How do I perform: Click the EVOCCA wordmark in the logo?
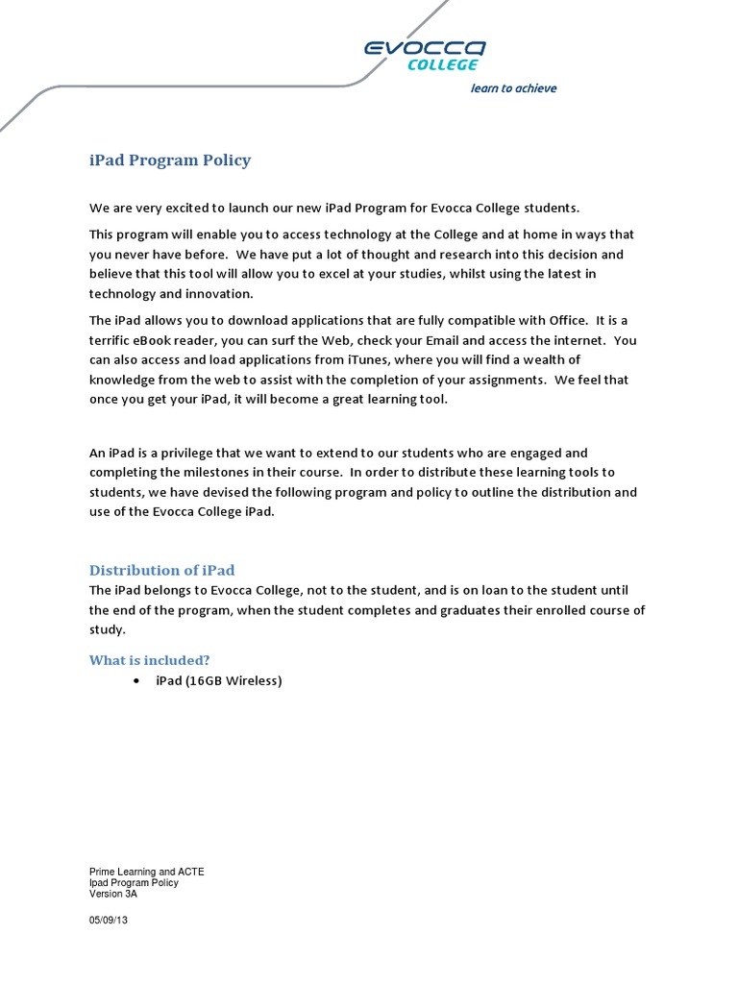tap(424, 47)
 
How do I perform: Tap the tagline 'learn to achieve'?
tap(513, 88)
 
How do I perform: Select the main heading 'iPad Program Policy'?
tap(170, 160)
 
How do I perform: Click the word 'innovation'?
tap(216, 294)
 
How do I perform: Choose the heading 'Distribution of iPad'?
tap(161, 570)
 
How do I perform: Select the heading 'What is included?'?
tap(149, 659)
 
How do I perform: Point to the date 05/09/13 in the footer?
tap(108, 920)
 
